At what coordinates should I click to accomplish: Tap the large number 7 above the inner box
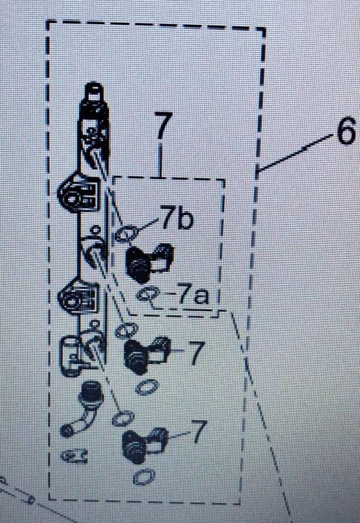click(x=163, y=126)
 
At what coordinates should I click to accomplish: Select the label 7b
click(x=176, y=217)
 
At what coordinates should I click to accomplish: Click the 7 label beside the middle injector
click(x=196, y=352)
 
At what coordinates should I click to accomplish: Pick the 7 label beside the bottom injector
click(x=199, y=431)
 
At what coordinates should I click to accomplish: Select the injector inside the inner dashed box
click(x=149, y=261)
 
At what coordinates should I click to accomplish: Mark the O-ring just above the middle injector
click(x=126, y=330)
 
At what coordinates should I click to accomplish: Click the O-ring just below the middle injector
click(x=147, y=388)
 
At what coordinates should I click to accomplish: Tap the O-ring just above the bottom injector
click(x=123, y=418)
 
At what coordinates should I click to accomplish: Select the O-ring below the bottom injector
click(x=144, y=477)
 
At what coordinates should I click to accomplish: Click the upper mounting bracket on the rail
click(x=78, y=192)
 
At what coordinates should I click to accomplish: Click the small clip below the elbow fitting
click(x=74, y=455)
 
